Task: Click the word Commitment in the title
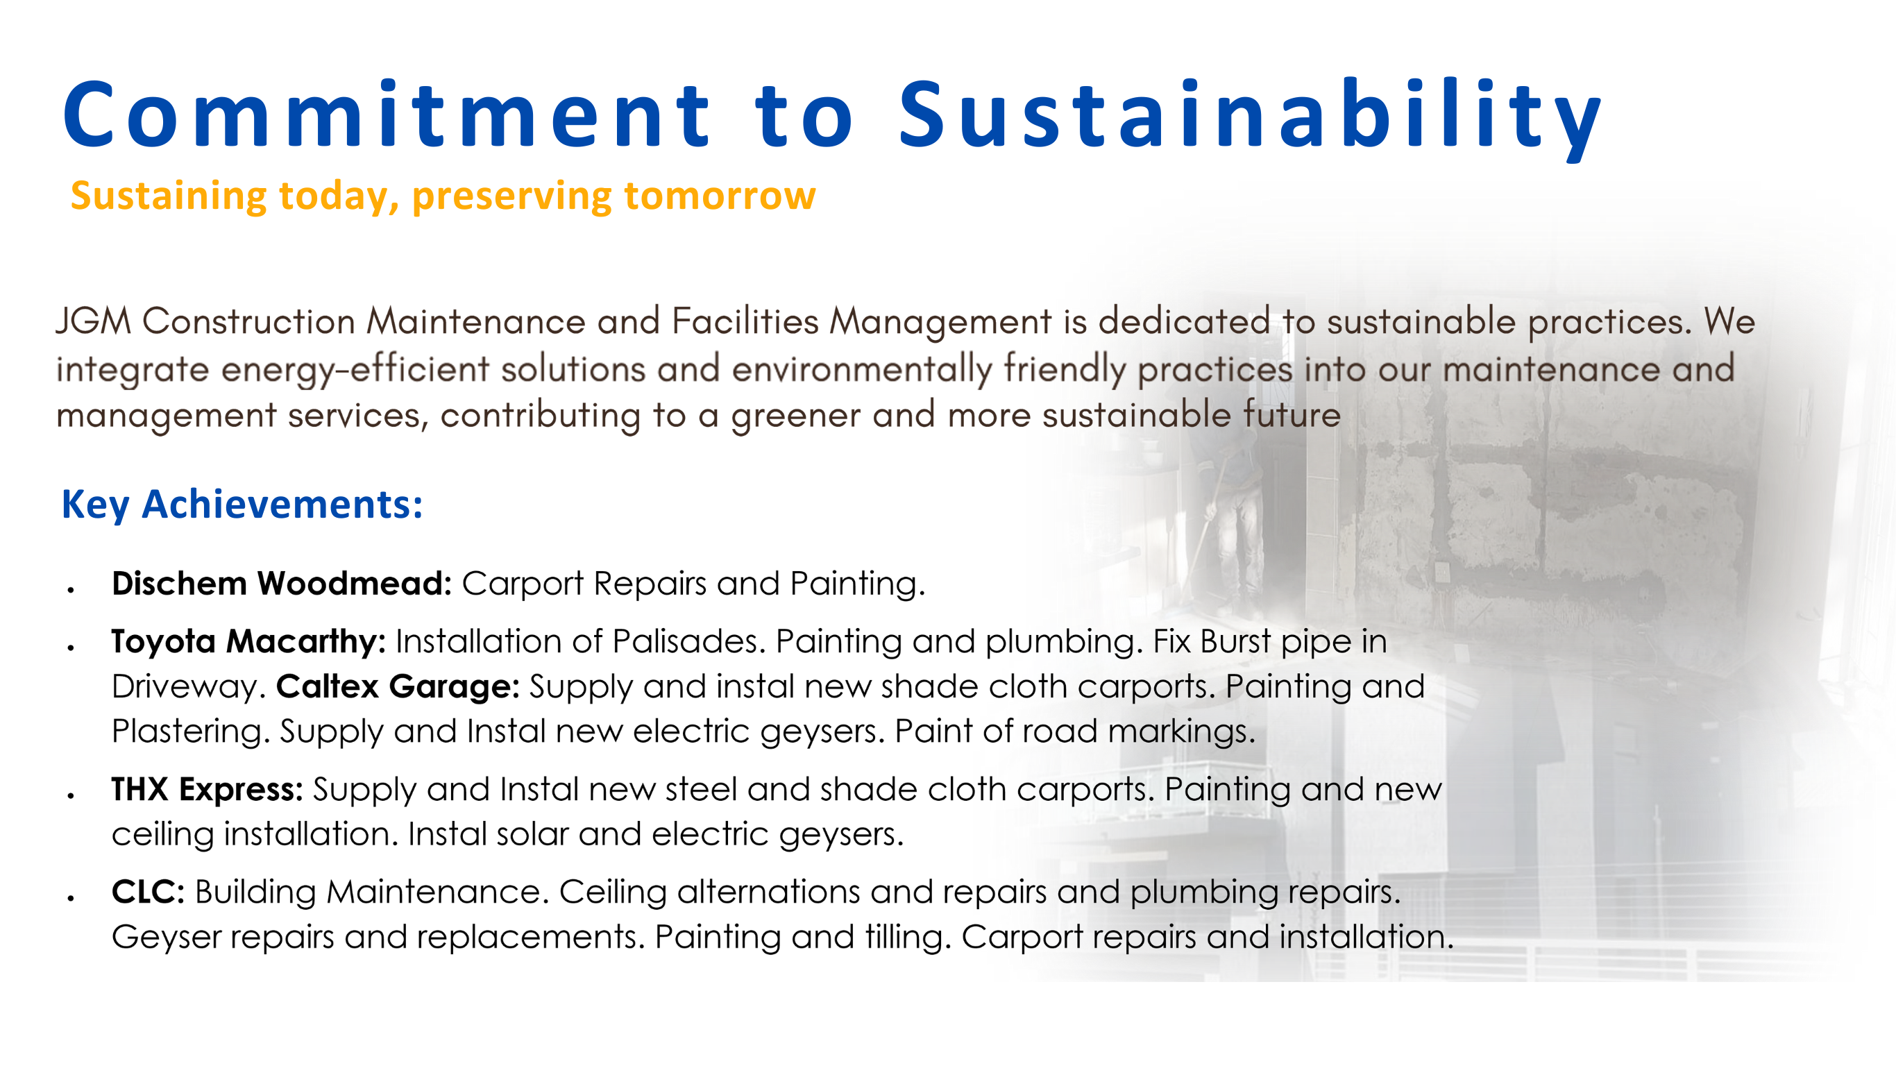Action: click(x=387, y=115)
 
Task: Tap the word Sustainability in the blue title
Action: click(x=1250, y=118)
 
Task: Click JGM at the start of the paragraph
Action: click(x=94, y=322)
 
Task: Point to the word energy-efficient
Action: click(x=355, y=371)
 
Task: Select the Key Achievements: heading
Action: click(x=242, y=505)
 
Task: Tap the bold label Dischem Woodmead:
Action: click(x=282, y=583)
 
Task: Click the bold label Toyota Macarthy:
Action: click(x=248, y=642)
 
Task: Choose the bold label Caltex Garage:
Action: click(x=398, y=687)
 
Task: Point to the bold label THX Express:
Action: click(x=208, y=789)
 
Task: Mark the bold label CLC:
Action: click(x=148, y=892)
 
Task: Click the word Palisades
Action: click(x=685, y=641)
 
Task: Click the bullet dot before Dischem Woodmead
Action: click(x=71, y=590)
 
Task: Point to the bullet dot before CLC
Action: click(x=71, y=898)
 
